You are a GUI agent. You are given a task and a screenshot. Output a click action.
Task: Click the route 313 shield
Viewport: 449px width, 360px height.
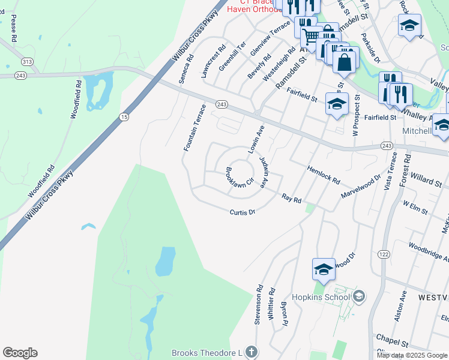26,61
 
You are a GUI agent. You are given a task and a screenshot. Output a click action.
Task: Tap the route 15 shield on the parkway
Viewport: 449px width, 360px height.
123,116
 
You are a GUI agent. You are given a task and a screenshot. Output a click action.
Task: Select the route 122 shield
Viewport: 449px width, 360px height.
382,254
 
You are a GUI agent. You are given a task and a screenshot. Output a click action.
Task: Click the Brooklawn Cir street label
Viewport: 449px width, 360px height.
240,180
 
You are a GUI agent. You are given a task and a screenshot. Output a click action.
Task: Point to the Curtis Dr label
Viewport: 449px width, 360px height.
243,212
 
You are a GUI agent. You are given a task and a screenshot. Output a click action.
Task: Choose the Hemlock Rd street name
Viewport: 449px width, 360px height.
324,175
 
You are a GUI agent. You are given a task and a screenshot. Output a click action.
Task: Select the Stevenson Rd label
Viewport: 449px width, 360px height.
259,304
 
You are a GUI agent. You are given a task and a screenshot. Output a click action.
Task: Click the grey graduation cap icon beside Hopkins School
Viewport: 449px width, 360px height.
359,296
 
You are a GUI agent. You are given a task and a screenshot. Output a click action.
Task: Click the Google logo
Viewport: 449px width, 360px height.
20,353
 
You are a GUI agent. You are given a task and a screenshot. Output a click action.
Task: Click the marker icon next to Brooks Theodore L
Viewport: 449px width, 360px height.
252,352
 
